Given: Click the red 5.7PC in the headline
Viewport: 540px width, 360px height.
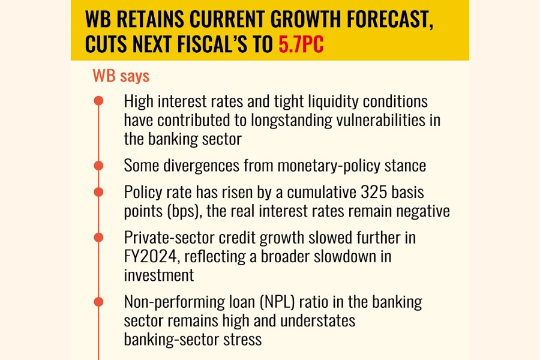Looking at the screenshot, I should (x=301, y=46).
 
